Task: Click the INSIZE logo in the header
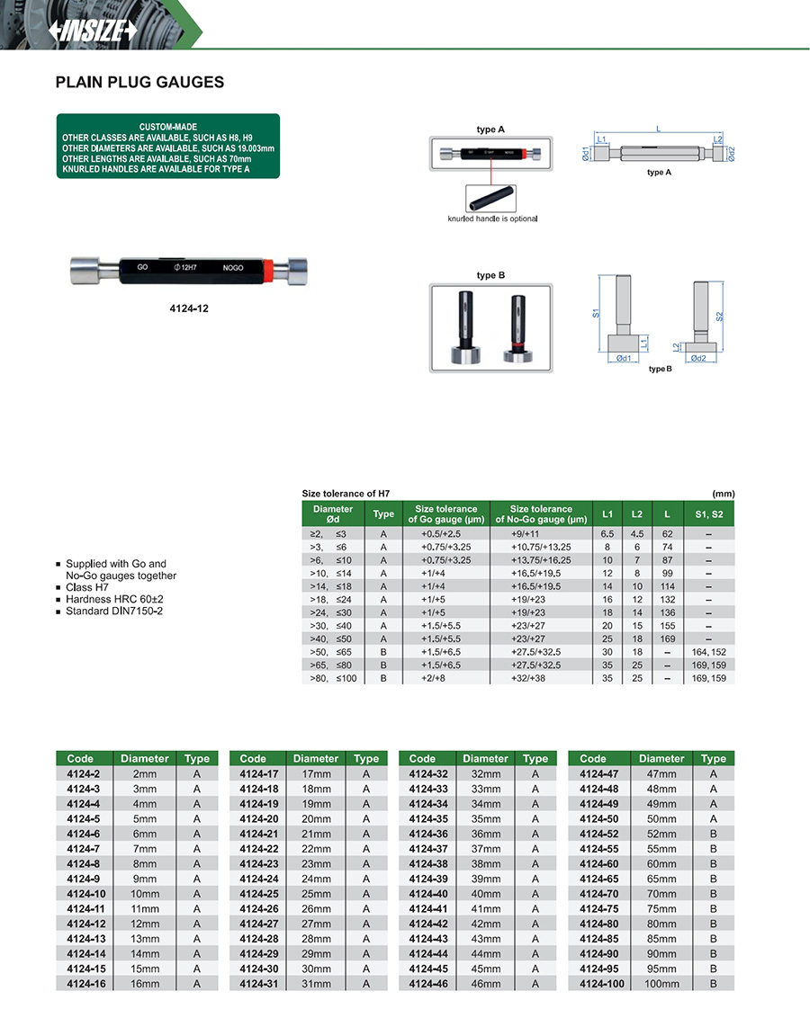[93, 30]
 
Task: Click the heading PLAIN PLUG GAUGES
[139, 83]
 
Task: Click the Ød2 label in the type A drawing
[731, 154]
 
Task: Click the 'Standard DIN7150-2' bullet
[114, 612]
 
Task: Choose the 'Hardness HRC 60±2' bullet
[112, 599]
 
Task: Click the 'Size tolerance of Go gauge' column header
[445, 514]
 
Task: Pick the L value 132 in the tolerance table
[667, 598]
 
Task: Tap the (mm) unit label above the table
[723, 494]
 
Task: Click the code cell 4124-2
[83, 773]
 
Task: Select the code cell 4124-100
[602, 985]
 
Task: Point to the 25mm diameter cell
[315, 894]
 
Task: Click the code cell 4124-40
[427, 894]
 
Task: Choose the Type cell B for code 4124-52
[714, 834]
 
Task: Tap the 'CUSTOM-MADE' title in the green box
[168, 127]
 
